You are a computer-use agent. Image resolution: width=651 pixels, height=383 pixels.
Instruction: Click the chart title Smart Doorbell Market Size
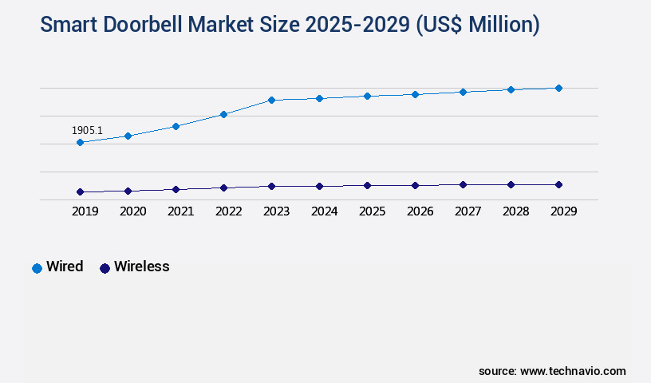pyautogui.click(x=290, y=25)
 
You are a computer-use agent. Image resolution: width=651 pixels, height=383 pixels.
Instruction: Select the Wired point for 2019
pyautogui.click(x=80, y=143)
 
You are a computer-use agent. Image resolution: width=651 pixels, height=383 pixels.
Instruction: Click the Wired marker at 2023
pyautogui.click(x=271, y=101)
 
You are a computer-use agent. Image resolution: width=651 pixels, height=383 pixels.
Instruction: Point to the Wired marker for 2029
pyautogui.click(x=558, y=88)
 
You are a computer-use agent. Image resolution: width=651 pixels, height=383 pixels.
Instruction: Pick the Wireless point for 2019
pyautogui.click(x=80, y=192)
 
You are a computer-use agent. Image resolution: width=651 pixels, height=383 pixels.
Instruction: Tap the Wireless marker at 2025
pyautogui.click(x=367, y=185)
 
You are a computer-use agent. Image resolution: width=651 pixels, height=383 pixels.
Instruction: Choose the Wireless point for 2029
pyautogui.click(x=558, y=184)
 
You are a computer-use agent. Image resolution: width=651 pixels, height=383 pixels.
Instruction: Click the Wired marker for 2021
pyautogui.click(x=176, y=126)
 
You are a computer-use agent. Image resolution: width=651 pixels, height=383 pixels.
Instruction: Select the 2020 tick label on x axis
pyautogui.click(x=132, y=211)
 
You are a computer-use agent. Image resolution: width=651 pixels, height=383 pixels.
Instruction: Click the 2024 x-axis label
pyautogui.click(x=324, y=211)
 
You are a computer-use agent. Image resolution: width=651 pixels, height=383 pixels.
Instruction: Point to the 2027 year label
pyautogui.click(x=468, y=211)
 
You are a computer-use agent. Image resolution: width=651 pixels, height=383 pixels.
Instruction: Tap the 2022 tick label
pyautogui.click(x=228, y=211)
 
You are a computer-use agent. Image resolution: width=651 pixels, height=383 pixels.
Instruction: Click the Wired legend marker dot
pyautogui.click(x=37, y=268)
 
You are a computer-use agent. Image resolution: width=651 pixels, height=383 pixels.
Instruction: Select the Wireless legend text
pyautogui.click(x=141, y=267)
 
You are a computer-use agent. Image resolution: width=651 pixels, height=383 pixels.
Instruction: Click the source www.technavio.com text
pyautogui.click(x=552, y=371)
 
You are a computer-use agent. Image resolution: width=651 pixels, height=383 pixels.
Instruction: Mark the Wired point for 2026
pyautogui.click(x=415, y=94)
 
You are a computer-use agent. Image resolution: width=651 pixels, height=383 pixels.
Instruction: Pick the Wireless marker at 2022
pyautogui.click(x=223, y=188)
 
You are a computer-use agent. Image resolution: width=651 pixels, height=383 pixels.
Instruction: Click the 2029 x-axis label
pyautogui.click(x=563, y=211)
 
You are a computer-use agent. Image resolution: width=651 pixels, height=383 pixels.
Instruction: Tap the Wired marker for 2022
pyautogui.click(x=223, y=115)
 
